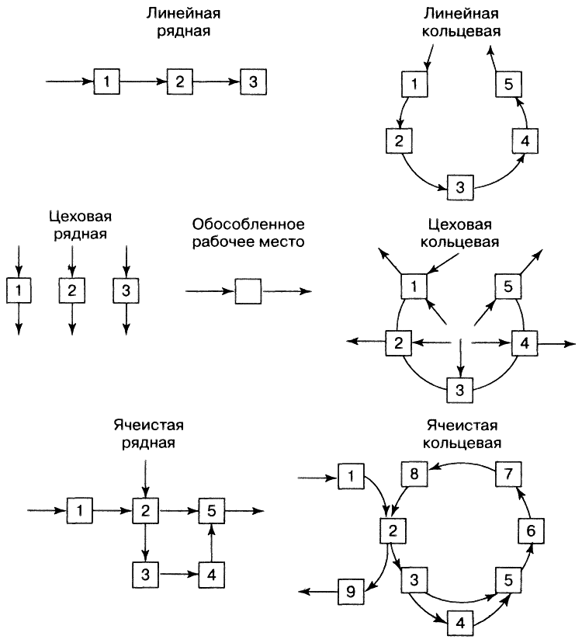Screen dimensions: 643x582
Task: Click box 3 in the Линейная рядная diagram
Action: [253, 81]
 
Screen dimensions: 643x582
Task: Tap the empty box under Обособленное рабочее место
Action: [248, 291]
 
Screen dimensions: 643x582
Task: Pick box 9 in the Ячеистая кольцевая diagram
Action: [351, 593]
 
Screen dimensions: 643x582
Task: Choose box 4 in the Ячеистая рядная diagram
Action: [210, 575]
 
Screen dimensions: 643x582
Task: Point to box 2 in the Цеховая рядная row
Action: [71, 291]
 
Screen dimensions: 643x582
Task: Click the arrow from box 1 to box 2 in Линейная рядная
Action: [143, 81]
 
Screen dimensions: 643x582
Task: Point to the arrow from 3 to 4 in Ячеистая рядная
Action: [177, 575]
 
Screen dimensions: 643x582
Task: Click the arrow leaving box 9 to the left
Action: [319, 593]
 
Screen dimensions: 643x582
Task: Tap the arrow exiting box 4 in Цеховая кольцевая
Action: [556, 342]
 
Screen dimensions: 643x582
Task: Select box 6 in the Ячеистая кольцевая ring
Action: [531, 531]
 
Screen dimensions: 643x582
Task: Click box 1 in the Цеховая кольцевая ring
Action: [414, 287]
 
